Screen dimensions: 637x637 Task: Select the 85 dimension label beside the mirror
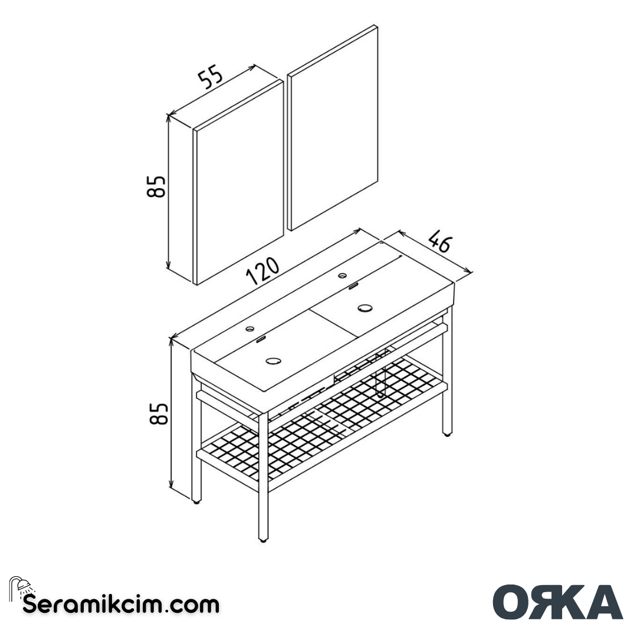(157, 187)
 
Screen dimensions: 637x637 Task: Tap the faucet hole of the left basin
(251, 328)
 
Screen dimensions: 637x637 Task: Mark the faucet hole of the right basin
(342, 275)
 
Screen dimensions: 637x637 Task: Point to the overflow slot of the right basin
(354, 286)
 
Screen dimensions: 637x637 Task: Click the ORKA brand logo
(557, 602)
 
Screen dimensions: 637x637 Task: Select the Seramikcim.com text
(121, 604)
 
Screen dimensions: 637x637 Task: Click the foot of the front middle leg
(263, 539)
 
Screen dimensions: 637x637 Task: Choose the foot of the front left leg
(197, 502)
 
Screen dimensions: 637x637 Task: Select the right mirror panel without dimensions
(332, 127)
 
